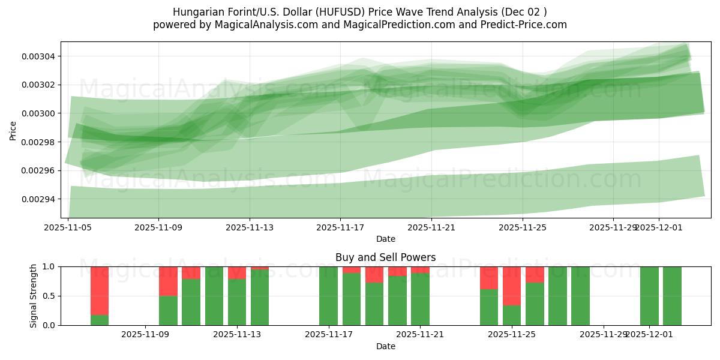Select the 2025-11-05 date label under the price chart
[68, 228]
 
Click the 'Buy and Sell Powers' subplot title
[385, 257]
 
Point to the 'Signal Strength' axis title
[34, 296]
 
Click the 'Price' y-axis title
[13, 130]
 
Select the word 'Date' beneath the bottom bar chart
[385, 346]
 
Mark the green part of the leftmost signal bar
[100, 320]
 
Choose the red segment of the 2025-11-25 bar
[512, 286]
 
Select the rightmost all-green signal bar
[672, 296]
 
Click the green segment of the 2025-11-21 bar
[420, 299]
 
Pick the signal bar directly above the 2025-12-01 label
[649, 296]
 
